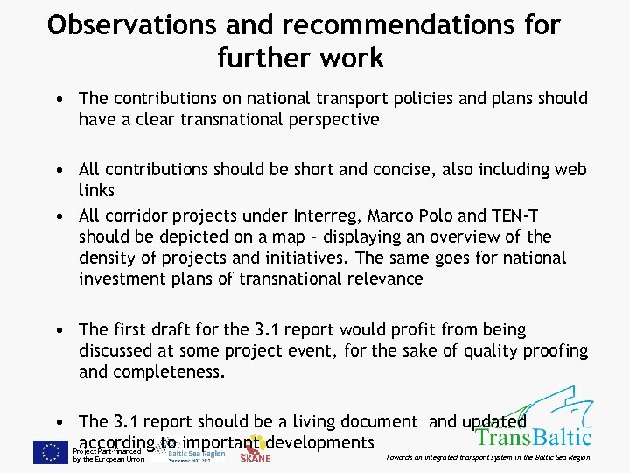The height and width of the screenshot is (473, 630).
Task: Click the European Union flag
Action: [50, 452]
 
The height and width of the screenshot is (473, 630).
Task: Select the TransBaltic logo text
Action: [534, 436]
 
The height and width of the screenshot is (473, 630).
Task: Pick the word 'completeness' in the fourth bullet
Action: [168, 371]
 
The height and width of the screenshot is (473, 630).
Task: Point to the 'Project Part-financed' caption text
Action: [109, 451]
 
